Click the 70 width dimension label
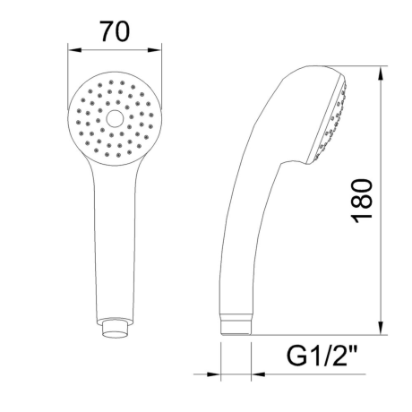point(116,31)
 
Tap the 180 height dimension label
point(362,201)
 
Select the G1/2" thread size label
point(322,356)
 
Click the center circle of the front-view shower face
point(115,118)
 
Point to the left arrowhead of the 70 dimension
point(74,50)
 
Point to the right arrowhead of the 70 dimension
point(155,50)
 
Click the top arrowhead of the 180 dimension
point(382,73)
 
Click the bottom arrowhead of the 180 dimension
point(382,328)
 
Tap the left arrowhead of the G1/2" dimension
point(214,374)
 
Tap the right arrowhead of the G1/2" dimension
point(258,374)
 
